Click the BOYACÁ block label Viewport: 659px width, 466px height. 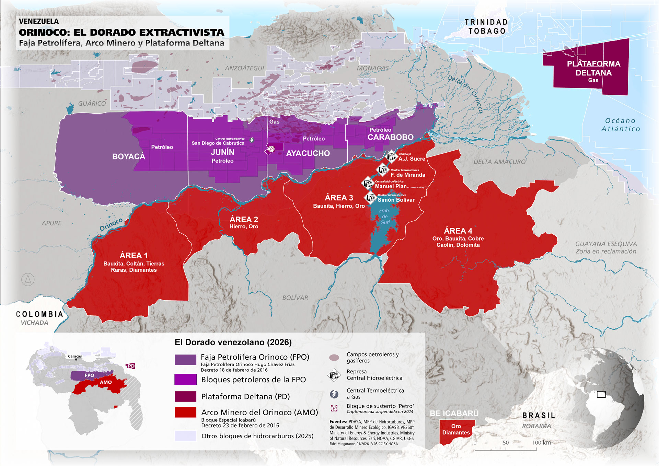(x=129, y=156)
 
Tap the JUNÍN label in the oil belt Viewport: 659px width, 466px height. (x=222, y=152)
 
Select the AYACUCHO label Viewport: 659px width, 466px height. (x=308, y=153)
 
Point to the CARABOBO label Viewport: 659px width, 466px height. (x=391, y=137)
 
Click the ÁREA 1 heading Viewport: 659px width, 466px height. (x=134, y=255)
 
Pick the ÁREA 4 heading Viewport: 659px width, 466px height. (x=458, y=231)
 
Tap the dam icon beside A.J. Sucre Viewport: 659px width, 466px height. (x=392, y=156)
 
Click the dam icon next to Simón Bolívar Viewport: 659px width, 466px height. (x=370, y=198)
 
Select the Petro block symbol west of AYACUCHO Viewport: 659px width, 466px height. (x=271, y=149)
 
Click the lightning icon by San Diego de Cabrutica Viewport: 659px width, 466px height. (x=252, y=140)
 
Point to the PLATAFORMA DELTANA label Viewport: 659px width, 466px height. (x=593, y=68)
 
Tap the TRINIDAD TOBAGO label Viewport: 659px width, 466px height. (x=486, y=26)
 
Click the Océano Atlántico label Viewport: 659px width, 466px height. (x=620, y=125)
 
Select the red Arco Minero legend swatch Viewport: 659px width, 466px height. (x=185, y=412)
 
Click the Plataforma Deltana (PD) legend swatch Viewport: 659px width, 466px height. (x=185, y=396)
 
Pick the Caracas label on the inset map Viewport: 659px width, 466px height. (x=75, y=356)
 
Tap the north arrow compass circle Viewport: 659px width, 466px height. (x=28, y=280)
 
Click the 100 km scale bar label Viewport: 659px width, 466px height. (x=541, y=443)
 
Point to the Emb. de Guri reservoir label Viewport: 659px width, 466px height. (x=384, y=217)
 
